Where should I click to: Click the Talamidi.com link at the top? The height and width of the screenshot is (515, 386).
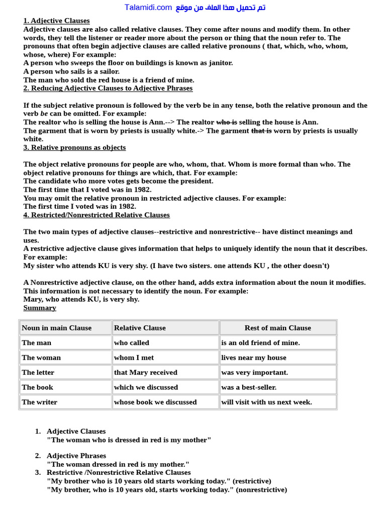tap(148, 7)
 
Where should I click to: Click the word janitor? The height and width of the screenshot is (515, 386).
tap(219, 63)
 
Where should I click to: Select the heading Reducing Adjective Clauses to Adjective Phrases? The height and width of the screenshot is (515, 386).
tap(108, 88)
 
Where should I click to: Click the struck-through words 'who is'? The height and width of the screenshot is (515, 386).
tap(226, 122)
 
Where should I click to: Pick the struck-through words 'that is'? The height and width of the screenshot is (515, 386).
tap(261, 131)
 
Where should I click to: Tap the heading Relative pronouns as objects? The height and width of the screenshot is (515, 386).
tap(74, 147)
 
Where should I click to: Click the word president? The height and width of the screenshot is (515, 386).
tap(194, 181)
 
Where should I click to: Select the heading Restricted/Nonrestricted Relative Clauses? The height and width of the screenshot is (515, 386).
tap(96, 215)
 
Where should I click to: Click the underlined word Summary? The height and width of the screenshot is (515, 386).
tap(40, 308)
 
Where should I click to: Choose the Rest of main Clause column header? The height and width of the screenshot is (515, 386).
tap(277, 328)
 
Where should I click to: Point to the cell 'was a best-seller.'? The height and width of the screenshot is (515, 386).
tap(249, 387)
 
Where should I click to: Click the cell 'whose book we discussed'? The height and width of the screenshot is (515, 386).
tap(155, 402)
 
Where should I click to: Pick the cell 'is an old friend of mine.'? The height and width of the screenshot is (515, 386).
tap(260, 343)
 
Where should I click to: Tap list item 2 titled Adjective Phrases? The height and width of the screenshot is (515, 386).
tap(76, 456)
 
